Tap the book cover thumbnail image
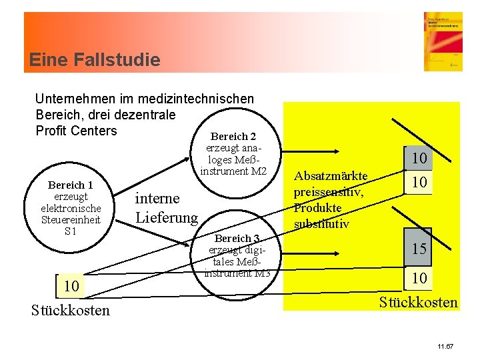(443, 41)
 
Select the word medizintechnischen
(197, 99)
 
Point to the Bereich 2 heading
(234, 137)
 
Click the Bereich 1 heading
(71, 185)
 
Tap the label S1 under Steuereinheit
(71, 231)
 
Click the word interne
(157, 198)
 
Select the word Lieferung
(167, 217)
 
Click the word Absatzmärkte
(331, 175)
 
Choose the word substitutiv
(321, 223)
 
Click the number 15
(419, 249)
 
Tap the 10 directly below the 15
(419, 277)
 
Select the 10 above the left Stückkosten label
(71, 287)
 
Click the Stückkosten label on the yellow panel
(418, 303)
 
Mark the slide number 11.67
(445, 347)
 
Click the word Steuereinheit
(71, 219)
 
